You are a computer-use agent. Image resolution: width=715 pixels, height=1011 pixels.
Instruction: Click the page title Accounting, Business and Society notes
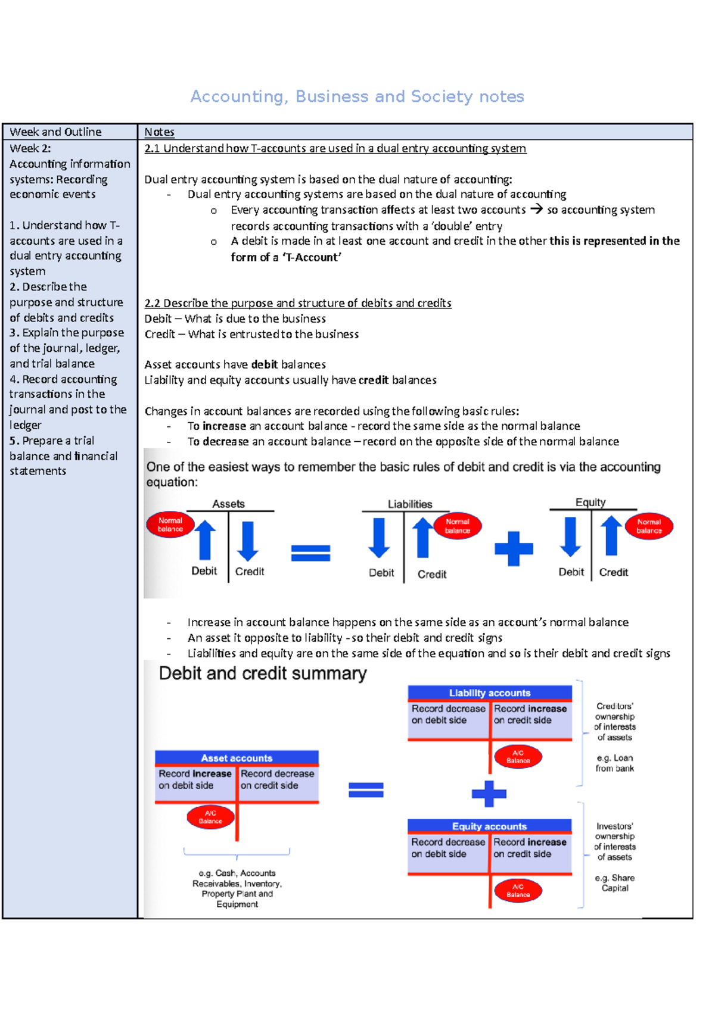pyautogui.click(x=357, y=96)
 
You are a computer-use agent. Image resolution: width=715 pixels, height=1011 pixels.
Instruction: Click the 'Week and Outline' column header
pyautogui.click(x=55, y=132)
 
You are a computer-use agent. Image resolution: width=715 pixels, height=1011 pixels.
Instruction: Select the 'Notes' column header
pyautogui.click(x=159, y=132)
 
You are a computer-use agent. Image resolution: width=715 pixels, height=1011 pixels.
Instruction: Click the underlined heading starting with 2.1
pyautogui.click(x=335, y=148)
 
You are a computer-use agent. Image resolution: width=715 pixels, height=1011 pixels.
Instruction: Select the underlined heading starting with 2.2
pyautogui.click(x=297, y=302)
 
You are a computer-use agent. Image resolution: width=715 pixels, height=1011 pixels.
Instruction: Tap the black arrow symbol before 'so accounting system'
pyautogui.click(x=536, y=209)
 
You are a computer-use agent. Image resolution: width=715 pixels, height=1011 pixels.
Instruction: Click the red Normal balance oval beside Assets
pyautogui.click(x=170, y=525)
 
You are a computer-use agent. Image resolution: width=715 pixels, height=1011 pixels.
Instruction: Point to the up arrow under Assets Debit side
pyautogui.click(x=205, y=539)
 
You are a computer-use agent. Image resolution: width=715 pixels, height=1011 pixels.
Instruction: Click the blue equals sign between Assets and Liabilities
pyautogui.click(x=310, y=553)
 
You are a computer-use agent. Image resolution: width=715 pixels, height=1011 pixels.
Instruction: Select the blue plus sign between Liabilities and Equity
pyautogui.click(x=514, y=548)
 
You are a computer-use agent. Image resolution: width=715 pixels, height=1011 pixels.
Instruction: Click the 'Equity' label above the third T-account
pyautogui.click(x=590, y=502)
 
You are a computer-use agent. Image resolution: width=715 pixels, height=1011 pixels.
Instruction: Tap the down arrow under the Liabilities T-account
pyautogui.click(x=379, y=538)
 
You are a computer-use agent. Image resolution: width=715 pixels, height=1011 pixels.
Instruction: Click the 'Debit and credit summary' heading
pyautogui.click(x=262, y=673)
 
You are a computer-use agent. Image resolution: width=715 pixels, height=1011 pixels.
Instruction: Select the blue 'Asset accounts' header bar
pyautogui.click(x=237, y=758)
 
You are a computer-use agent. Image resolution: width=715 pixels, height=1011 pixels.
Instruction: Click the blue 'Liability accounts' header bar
pyautogui.click(x=489, y=692)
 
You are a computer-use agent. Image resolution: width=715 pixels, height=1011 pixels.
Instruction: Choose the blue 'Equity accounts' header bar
pyautogui.click(x=489, y=826)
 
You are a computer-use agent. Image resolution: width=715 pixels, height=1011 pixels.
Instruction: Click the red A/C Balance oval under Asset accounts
pyautogui.click(x=210, y=817)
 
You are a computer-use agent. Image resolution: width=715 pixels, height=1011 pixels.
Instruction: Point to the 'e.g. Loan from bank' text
pyautogui.click(x=614, y=763)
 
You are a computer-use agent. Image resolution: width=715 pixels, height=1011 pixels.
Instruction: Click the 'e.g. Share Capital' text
pyautogui.click(x=614, y=882)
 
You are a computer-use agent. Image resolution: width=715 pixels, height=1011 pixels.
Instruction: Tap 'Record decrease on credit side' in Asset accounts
pyautogui.click(x=277, y=779)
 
